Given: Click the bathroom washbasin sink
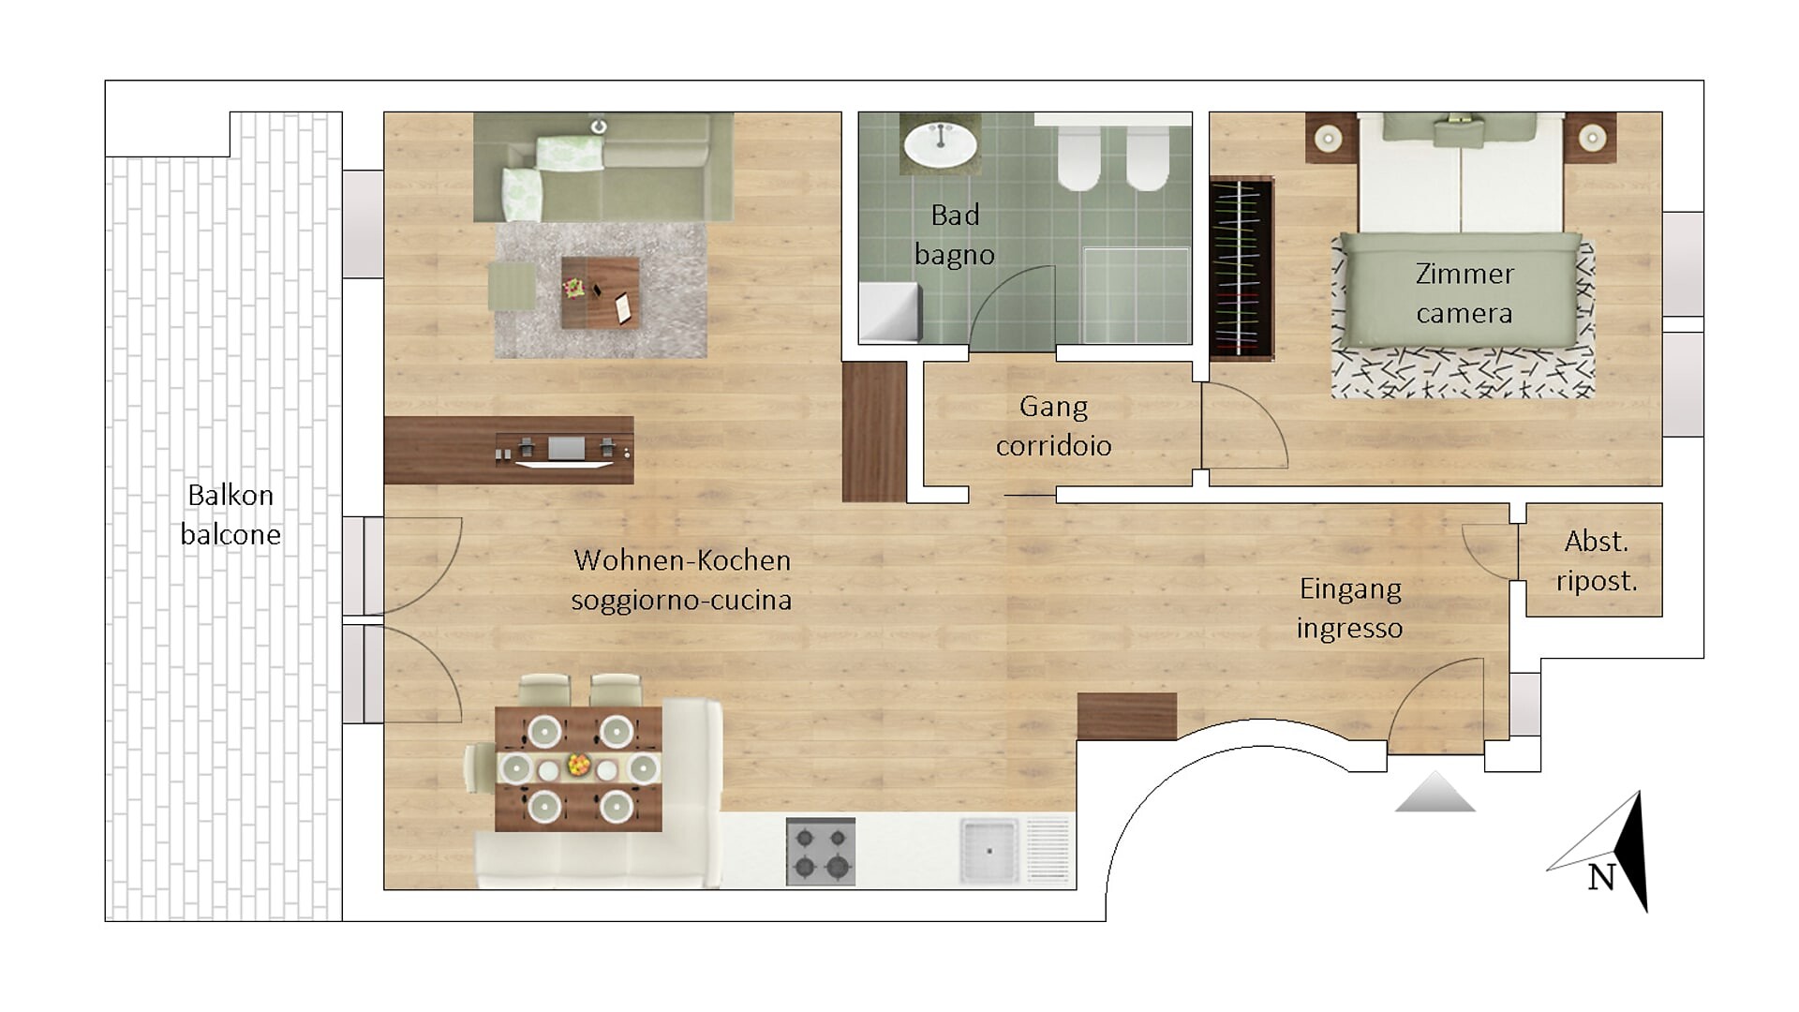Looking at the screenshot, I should coord(940,144).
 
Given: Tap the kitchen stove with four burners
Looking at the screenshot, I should coord(820,851).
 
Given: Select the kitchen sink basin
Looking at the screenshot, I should coord(989,851).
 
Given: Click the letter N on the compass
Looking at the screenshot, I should coord(1601,878).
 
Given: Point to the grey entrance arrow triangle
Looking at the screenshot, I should coord(1435,794).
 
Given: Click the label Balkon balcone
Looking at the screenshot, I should coord(230,514).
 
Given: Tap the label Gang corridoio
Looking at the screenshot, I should coord(1053,425).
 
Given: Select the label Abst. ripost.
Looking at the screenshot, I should coord(1596,560).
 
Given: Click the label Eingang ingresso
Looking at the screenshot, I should coord(1350,608).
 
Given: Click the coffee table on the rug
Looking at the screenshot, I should coord(600,292).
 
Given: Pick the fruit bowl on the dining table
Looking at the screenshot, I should coord(578,766).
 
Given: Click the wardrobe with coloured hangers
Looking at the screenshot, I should coord(1241,270).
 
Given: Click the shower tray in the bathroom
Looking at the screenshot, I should coord(1136,295).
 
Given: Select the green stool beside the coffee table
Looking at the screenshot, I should coord(512,285).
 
